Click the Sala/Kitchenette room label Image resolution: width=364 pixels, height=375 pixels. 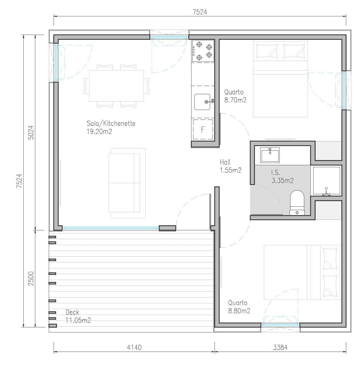pyautogui.click(x=111, y=123)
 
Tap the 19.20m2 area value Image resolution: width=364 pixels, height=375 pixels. pyautogui.click(x=99, y=131)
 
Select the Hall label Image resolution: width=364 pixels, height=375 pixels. pyautogui.click(x=225, y=162)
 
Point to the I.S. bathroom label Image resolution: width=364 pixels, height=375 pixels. pyautogui.click(x=275, y=172)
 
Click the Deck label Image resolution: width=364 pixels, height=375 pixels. pyautogui.click(x=72, y=312)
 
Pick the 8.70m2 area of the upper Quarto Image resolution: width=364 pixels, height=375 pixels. pyautogui.click(x=235, y=100)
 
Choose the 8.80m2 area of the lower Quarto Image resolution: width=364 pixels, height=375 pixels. pyautogui.click(x=239, y=311)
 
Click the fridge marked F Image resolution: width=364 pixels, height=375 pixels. pyautogui.click(x=203, y=129)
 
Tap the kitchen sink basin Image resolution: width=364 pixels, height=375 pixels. pyautogui.click(x=202, y=102)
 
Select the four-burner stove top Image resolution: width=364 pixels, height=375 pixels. pyautogui.click(x=203, y=51)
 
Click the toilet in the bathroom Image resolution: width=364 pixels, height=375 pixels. pyautogui.click(x=297, y=202)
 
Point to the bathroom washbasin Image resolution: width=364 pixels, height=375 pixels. pyautogui.click(x=270, y=155)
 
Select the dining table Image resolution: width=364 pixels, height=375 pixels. pyautogui.click(x=116, y=86)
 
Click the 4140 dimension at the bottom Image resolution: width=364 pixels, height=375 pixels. pyautogui.click(x=134, y=347)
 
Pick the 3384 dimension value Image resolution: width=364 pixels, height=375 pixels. pyautogui.click(x=280, y=347)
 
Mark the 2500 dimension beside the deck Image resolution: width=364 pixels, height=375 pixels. pyautogui.click(x=31, y=279)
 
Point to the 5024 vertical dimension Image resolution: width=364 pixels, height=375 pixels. pyautogui.click(x=31, y=133)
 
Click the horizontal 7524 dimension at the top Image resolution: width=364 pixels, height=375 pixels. pyautogui.click(x=200, y=12)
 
